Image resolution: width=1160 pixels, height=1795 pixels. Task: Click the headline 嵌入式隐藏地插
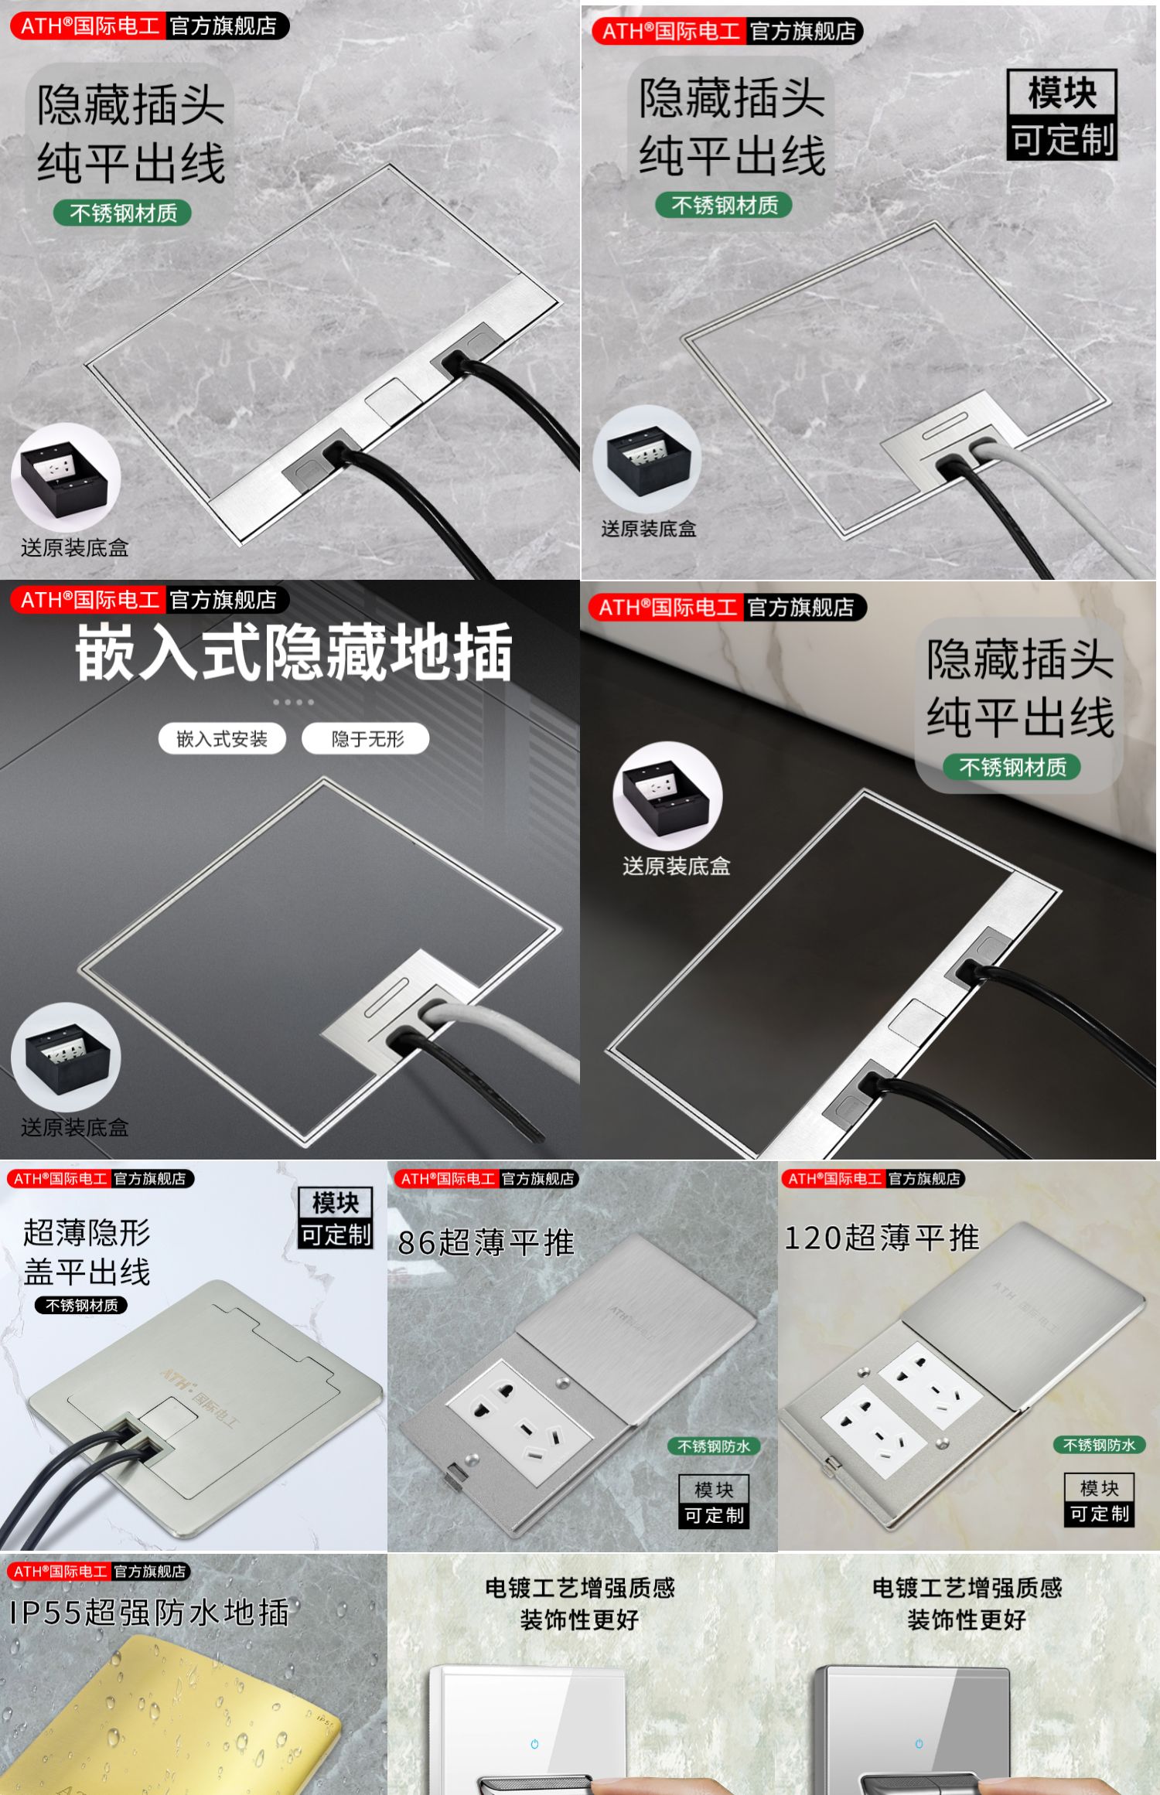tap(294, 653)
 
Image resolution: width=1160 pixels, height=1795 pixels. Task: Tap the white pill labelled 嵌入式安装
tap(222, 739)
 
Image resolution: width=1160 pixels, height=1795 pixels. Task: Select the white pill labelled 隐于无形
tap(367, 739)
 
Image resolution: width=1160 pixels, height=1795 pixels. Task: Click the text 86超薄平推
tap(486, 1243)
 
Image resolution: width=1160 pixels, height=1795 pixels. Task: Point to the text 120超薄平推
tap(882, 1238)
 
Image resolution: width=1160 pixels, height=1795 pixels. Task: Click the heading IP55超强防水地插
tap(149, 1613)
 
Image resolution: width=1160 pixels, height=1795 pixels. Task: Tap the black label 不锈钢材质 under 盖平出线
tap(81, 1306)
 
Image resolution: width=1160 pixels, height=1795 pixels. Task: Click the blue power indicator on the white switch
tap(534, 1745)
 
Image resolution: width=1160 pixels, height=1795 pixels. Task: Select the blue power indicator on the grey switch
tap(919, 1745)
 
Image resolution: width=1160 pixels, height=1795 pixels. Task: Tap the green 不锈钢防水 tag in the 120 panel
tap(1099, 1445)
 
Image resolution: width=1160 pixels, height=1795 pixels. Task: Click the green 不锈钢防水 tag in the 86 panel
tap(714, 1446)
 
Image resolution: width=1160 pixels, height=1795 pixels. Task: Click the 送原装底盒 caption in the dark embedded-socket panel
tap(74, 1128)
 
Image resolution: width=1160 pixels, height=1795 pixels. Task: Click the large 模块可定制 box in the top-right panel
tap(1063, 115)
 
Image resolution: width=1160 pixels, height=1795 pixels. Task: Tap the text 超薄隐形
tap(87, 1232)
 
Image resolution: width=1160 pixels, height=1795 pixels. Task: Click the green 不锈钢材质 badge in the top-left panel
tap(122, 213)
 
